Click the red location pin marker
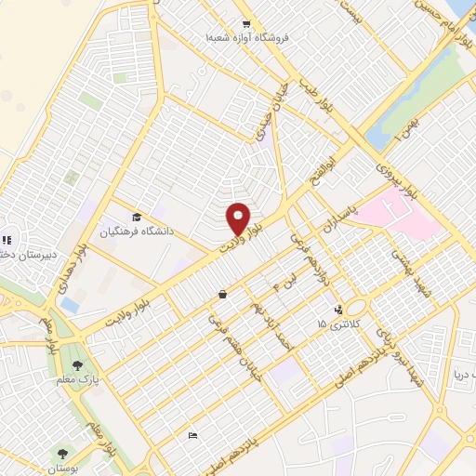point(238,218)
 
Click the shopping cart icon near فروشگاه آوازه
point(245,25)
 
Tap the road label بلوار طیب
point(310,91)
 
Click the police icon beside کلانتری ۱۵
point(337,309)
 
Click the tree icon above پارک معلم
point(76,365)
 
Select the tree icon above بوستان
point(62,453)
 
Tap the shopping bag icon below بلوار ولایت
point(222,295)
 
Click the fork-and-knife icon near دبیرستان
point(4,238)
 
